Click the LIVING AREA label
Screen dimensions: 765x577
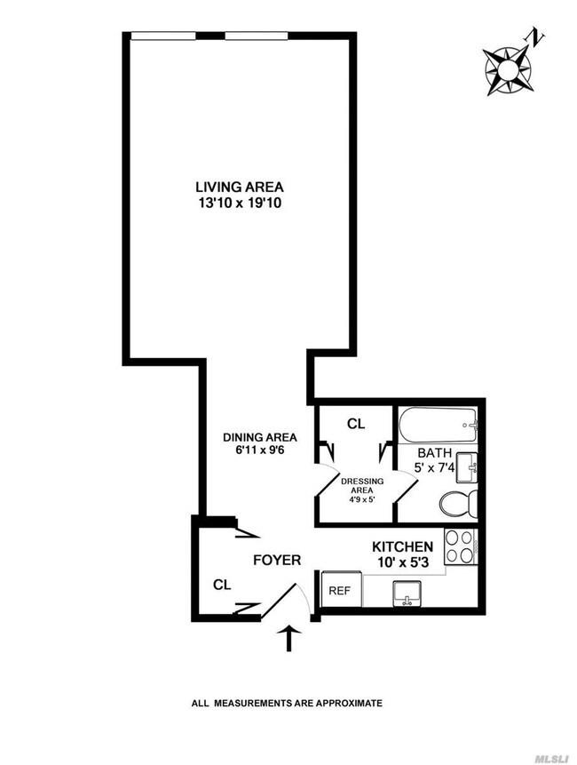(x=240, y=187)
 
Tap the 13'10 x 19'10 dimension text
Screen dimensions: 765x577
(x=240, y=203)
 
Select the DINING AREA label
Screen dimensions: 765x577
(x=259, y=437)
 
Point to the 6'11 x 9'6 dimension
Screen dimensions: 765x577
(x=259, y=450)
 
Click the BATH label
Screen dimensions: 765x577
(x=436, y=453)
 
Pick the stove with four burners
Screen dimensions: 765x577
(x=462, y=547)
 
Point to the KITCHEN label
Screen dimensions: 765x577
(x=402, y=546)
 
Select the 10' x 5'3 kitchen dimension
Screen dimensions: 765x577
(x=402, y=562)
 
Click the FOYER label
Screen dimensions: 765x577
(x=278, y=561)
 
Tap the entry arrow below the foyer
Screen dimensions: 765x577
(x=289, y=637)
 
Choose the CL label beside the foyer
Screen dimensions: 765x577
(x=222, y=586)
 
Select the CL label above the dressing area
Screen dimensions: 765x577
(x=355, y=425)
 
